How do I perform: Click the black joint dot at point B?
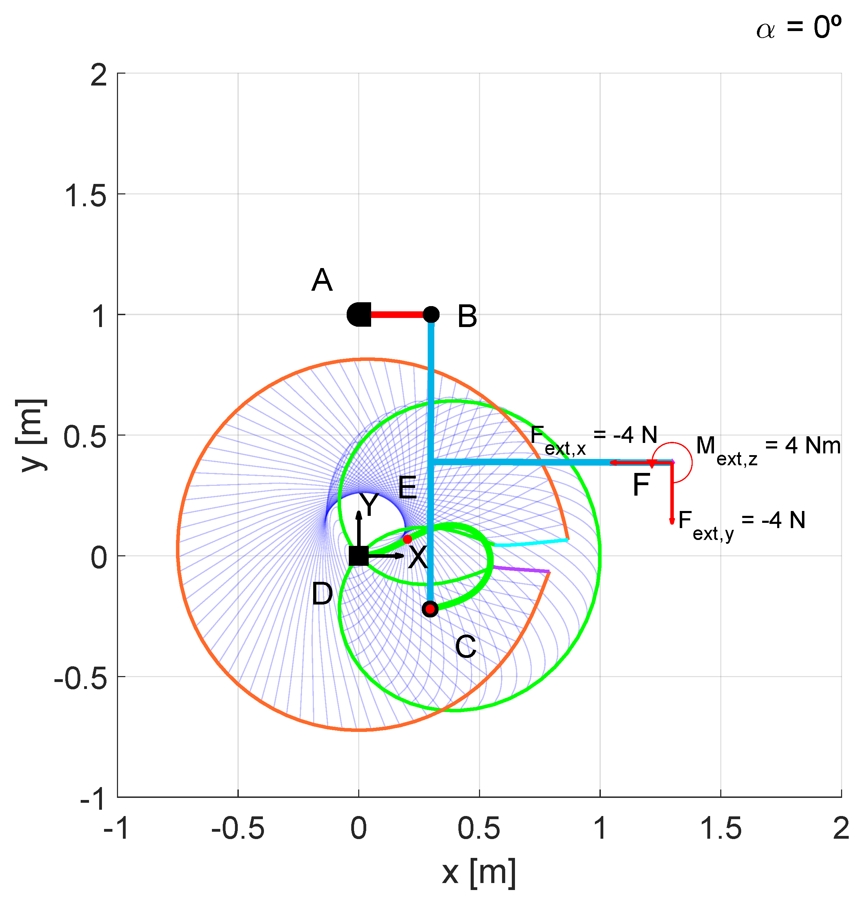click(431, 315)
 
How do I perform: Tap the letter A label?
click(322, 280)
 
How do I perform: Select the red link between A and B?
click(397, 315)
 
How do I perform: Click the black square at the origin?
click(359, 556)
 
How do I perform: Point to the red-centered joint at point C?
click(430, 609)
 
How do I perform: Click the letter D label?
click(322, 594)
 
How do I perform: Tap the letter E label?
click(407, 488)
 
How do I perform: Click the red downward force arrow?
click(672, 494)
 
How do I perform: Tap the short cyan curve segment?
click(531, 543)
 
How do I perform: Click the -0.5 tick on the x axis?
click(238, 828)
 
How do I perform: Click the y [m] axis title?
click(31, 435)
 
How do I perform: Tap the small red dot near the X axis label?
click(407, 539)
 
